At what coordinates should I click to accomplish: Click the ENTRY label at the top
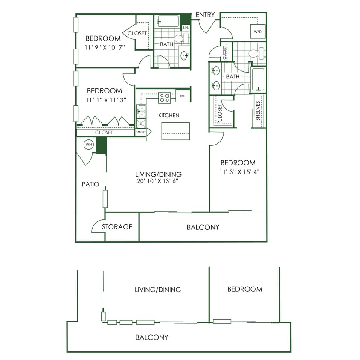click(x=205, y=15)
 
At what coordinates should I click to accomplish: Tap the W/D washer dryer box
click(x=258, y=32)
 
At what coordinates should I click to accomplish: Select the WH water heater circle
click(x=89, y=145)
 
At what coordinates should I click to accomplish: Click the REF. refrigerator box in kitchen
click(x=183, y=96)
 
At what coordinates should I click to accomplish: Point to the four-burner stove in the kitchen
click(x=165, y=98)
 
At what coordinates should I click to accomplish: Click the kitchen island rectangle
click(x=175, y=131)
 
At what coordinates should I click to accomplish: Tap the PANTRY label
click(x=141, y=133)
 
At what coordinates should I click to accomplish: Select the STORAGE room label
click(x=117, y=227)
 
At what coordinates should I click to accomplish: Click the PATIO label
click(x=90, y=184)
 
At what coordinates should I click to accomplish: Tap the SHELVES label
click(x=258, y=111)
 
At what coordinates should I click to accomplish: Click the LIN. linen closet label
click(x=186, y=28)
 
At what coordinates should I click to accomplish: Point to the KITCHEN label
click(x=168, y=115)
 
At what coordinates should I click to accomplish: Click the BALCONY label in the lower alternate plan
click(x=151, y=337)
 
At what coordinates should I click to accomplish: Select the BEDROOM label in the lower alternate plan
click(x=244, y=289)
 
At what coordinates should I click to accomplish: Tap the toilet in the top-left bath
click(x=179, y=39)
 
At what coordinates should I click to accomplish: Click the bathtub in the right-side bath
click(x=258, y=80)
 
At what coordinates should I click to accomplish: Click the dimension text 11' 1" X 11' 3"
click(x=104, y=101)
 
